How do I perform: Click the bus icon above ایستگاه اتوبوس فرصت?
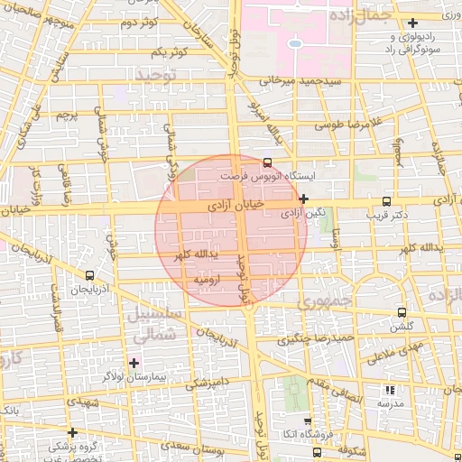(266, 162)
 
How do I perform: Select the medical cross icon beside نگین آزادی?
(305, 199)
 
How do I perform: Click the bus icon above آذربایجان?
(89, 275)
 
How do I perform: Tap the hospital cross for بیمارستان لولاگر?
(134, 363)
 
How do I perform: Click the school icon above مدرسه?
(390, 391)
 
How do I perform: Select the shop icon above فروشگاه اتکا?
(308, 420)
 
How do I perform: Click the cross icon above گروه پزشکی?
(72, 432)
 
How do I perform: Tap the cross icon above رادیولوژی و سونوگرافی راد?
(413, 23)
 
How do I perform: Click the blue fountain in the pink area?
(295, 42)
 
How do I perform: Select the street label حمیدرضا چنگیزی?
(315, 339)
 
